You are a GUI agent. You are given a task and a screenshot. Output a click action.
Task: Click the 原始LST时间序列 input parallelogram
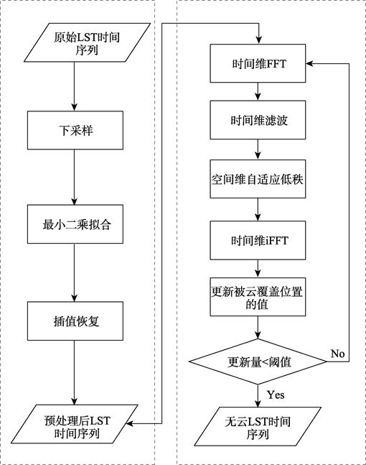[87, 42]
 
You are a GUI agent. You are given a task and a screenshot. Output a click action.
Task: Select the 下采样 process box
[75, 130]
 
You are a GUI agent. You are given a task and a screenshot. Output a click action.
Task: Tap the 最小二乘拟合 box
[75, 224]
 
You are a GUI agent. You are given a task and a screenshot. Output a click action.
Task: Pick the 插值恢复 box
[75, 321]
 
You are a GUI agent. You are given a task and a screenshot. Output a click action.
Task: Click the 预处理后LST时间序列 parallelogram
[75, 424]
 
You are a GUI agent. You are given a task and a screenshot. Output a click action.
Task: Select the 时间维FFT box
[258, 63]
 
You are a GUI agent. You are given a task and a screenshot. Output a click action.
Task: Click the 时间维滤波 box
[258, 120]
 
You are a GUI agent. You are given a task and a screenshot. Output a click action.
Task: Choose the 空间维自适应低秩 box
[258, 179]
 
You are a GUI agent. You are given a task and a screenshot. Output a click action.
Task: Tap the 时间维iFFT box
[258, 240]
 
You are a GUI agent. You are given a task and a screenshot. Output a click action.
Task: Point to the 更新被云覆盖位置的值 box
[258, 297]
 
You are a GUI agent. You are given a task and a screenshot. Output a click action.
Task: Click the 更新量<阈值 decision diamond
[258, 362]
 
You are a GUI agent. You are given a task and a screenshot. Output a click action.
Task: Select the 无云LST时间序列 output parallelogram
[258, 426]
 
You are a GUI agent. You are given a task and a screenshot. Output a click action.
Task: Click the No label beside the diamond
[337, 354]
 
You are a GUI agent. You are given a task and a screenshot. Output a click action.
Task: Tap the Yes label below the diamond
[276, 395]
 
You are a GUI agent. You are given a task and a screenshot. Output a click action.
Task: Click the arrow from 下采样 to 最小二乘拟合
[75, 177]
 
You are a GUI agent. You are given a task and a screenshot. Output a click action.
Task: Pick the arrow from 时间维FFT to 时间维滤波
[258, 91]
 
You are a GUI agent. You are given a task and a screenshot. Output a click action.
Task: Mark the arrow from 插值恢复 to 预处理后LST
[75, 372]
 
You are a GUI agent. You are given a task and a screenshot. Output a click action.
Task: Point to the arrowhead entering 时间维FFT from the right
[309, 63]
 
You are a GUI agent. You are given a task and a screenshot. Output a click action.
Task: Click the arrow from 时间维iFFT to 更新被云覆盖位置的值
[258, 269]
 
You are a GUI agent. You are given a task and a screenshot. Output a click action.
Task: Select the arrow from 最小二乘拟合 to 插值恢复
[75, 272]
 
